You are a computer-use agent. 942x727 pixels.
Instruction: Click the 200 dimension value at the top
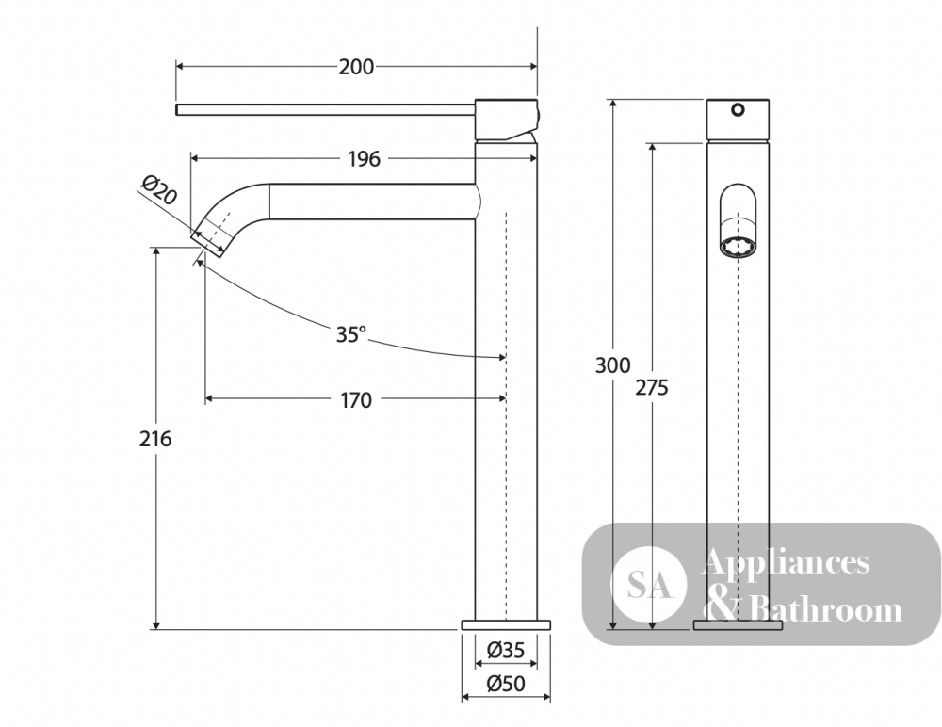point(356,67)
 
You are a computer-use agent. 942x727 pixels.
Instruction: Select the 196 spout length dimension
point(364,159)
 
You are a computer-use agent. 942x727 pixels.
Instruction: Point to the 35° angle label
point(350,334)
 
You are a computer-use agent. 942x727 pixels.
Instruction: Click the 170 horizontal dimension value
point(356,400)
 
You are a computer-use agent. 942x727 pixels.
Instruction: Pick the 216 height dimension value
point(155,439)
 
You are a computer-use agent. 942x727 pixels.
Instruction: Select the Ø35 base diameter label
point(506,650)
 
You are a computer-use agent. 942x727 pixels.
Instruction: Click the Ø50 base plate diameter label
point(506,683)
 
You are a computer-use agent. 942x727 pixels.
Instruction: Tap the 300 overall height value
point(613,365)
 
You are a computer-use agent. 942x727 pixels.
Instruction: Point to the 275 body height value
point(652,388)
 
